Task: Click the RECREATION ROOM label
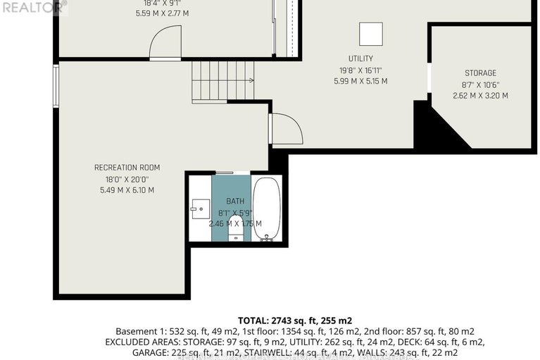click(x=127, y=168)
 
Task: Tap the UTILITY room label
click(x=360, y=58)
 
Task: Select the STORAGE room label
click(x=480, y=73)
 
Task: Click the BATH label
click(x=235, y=201)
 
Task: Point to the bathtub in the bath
click(x=268, y=209)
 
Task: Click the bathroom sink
click(x=200, y=209)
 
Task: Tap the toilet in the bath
click(x=236, y=232)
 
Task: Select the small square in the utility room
click(x=370, y=33)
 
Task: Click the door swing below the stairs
click(x=287, y=130)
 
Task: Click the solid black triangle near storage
click(x=438, y=128)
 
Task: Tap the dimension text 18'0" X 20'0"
click(x=127, y=179)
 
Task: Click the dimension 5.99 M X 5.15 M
click(x=360, y=81)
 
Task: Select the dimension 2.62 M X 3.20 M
click(x=480, y=96)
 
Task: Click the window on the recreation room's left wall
click(x=56, y=87)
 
